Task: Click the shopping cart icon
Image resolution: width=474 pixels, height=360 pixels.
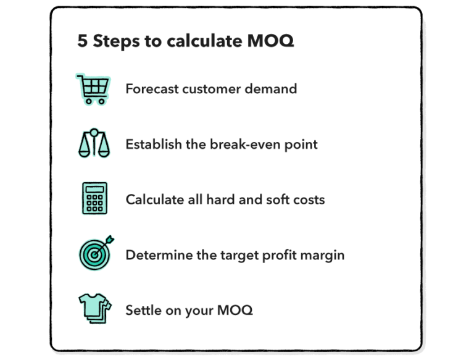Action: [93, 88]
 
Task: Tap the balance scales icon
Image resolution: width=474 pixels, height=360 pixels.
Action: [93, 143]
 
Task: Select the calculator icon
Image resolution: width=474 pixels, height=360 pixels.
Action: [94, 199]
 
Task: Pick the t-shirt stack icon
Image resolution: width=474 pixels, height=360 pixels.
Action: [94, 308]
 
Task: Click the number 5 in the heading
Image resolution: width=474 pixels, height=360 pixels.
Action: [82, 41]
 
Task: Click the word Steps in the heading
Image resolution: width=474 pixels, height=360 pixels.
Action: [115, 41]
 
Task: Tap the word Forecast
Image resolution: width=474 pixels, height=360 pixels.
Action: [152, 89]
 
